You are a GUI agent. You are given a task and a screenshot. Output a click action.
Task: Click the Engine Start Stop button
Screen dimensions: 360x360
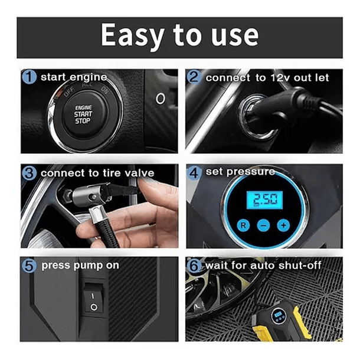click(84, 114)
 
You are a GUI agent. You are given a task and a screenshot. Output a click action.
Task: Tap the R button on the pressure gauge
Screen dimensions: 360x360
click(243, 225)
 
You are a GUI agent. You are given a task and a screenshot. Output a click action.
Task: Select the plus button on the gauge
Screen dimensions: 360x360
click(283, 225)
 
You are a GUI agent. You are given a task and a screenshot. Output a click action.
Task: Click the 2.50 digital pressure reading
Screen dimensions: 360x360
click(264, 199)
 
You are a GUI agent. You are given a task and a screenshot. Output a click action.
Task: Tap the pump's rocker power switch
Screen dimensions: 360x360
click(93, 299)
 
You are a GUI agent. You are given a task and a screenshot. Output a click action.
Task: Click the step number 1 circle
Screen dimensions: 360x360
click(29, 77)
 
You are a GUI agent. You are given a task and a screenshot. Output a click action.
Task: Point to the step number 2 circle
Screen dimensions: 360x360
click(194, 77)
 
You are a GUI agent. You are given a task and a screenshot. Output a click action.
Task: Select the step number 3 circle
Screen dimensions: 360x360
click(29, 173)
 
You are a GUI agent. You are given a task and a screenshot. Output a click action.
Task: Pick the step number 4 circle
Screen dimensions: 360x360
click(194, 173)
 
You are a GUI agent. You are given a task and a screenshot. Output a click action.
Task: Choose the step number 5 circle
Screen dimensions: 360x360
click(29, 266)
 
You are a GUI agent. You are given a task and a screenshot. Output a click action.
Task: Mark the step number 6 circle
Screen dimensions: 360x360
click(194, 266)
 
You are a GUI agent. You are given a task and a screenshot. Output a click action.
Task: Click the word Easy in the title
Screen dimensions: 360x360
click(132, 35)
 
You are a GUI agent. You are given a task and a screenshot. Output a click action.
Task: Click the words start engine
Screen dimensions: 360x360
click(74, 77)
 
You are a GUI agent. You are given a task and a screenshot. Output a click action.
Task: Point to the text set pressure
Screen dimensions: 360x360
click(240, 172)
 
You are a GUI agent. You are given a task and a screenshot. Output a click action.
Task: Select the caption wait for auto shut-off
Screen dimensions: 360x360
click(263, 266)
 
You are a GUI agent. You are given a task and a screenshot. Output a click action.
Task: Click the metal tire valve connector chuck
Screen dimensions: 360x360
click(89, 195)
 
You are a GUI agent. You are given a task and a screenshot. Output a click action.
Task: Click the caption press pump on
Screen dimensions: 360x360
click(80, 266)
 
